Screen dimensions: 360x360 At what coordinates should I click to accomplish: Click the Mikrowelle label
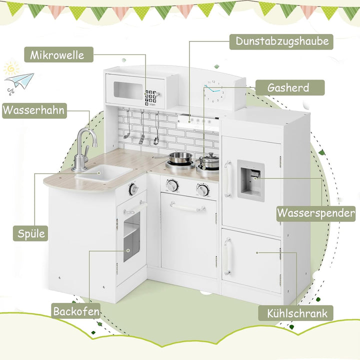59,54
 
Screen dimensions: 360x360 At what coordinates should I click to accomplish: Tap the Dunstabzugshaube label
281,42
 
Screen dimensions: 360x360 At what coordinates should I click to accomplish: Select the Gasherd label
289,87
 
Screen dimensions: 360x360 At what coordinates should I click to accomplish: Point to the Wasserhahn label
34,110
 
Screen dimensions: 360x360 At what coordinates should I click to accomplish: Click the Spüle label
30,233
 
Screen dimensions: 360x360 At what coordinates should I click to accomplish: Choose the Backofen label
76,311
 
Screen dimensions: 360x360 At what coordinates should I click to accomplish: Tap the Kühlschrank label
295,313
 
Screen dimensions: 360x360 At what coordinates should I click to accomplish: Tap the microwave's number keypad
150,98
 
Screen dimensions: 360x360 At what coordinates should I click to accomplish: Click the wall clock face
213,91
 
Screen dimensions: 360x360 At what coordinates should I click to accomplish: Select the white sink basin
104,172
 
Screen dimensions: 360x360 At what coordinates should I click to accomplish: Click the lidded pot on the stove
208,161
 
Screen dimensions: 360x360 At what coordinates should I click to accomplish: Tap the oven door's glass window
131,236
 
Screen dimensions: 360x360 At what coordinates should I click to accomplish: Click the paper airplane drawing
19,81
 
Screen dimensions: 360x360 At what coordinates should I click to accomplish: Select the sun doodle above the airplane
11,68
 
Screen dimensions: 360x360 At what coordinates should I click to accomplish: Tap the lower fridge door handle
227,256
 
